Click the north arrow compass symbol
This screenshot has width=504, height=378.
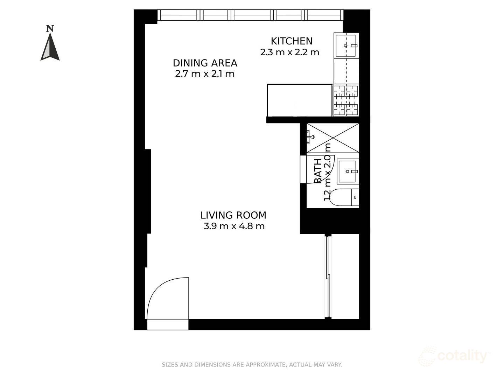tap(50, 47)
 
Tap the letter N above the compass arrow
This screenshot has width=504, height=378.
tap(50, 28)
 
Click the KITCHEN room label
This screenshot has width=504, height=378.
tap(292, 41)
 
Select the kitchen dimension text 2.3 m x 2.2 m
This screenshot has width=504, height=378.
tap(289, 52)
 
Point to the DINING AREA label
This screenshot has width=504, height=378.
tap(205, 63)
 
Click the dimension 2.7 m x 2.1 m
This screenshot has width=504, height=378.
tap(205, 74)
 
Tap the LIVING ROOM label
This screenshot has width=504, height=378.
tap(233, 215)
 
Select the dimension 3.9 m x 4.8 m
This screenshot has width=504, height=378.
tap(234, 226)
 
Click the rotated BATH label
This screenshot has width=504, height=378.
tap(318, 171)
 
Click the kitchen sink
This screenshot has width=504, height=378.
tap(346, 45)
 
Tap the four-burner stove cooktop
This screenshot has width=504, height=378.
tap(345, 100)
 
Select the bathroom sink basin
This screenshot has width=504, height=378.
tap(347, 171)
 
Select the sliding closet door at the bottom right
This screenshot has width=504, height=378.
tap(328, 276)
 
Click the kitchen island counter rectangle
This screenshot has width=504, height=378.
tap(299, 100)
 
